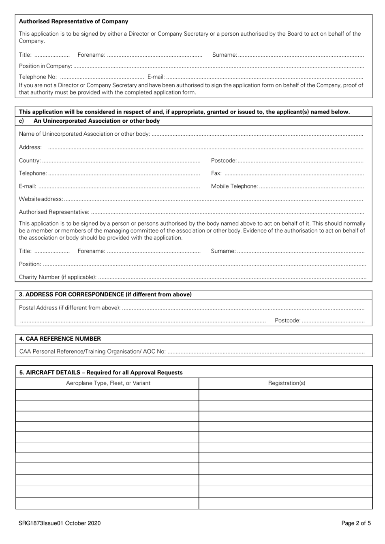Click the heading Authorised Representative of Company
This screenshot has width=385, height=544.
click(73, 21)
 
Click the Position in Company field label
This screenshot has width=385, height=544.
click(45, 66)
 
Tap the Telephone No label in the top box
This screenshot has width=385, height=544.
click(38, 77)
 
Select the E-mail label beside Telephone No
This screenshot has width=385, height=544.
click(156, 77)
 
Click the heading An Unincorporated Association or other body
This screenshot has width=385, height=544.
click(96, 121)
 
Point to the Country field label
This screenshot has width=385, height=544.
click(30, 160)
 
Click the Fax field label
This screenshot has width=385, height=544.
click(216, 173)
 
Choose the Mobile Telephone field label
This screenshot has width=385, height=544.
click(234, 186)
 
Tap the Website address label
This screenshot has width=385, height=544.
click(41, 199)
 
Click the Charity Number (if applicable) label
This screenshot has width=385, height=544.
click(58, 277)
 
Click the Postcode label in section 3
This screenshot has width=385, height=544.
click(288, 320)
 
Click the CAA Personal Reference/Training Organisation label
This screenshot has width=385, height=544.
click(92, 351)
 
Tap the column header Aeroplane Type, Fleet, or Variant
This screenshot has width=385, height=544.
click(108, 383)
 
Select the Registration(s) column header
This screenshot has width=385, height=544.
click(287, 383)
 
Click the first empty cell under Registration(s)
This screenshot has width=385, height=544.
click(286, 395)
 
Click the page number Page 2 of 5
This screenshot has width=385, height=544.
click(356, 523)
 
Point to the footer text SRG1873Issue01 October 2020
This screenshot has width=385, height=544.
click(60, 523)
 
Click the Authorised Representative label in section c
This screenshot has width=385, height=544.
click(54, 212)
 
